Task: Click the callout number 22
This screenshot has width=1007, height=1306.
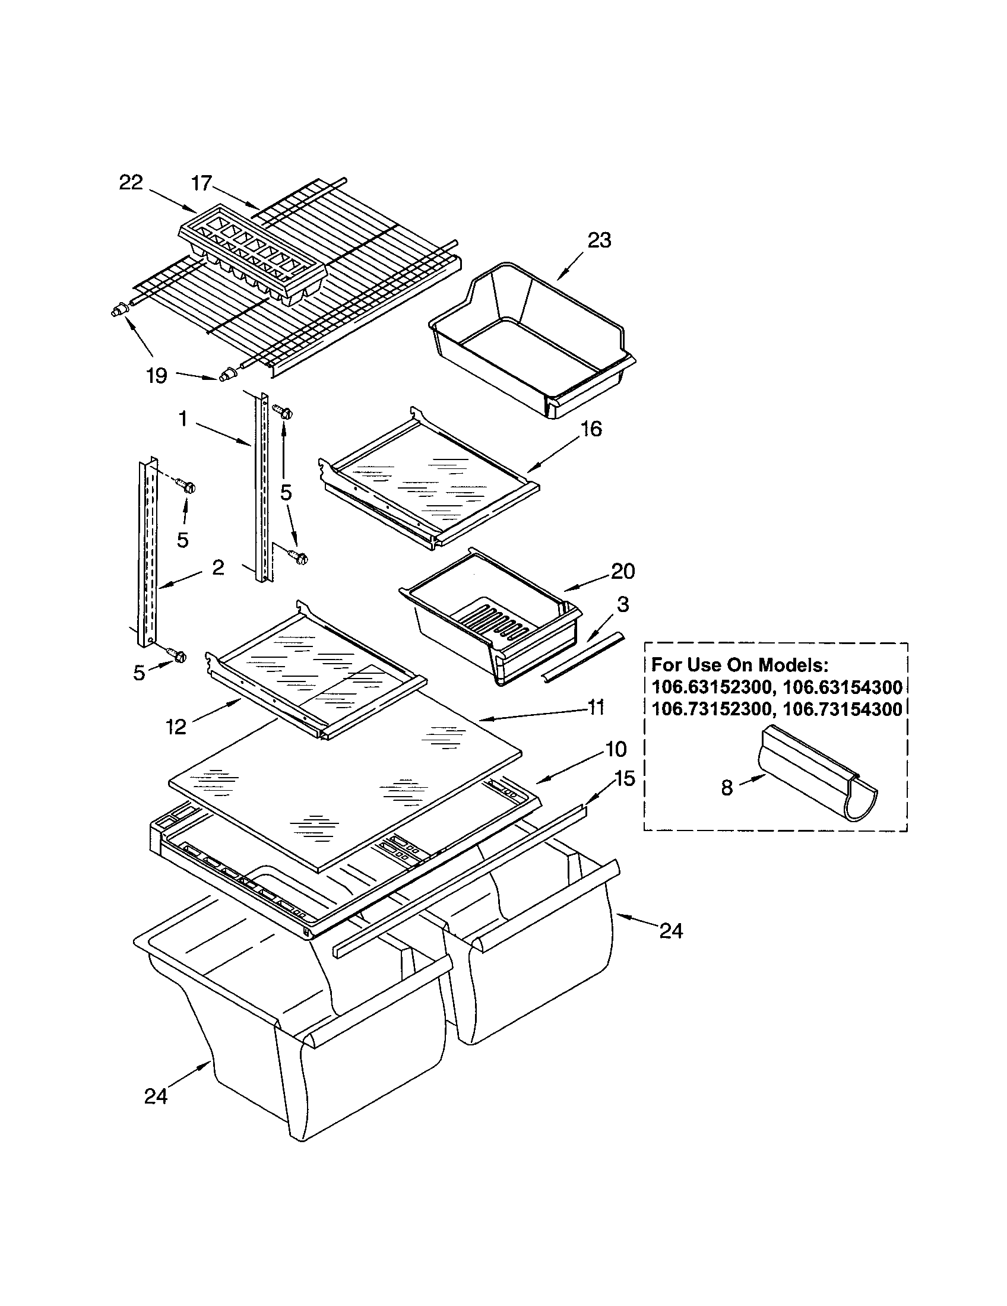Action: [131, 182]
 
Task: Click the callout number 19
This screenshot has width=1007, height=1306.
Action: [157, 376]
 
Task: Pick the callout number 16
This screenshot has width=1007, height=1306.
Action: [591, 429]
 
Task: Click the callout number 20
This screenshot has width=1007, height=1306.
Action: [622, 571]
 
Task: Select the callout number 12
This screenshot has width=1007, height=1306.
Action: [176, 727]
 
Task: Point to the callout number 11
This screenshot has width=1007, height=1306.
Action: [595, 708]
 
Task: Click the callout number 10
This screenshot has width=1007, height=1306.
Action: [616, 749]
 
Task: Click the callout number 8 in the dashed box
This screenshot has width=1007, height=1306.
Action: [727, 788]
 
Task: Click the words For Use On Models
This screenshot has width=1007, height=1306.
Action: [740, 664]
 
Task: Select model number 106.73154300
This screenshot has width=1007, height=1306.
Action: [842, 709]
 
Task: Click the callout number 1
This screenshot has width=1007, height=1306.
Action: [183, 419]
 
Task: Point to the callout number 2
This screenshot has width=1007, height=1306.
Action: [218, 567]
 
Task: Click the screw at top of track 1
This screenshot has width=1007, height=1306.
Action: [282, 411]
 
